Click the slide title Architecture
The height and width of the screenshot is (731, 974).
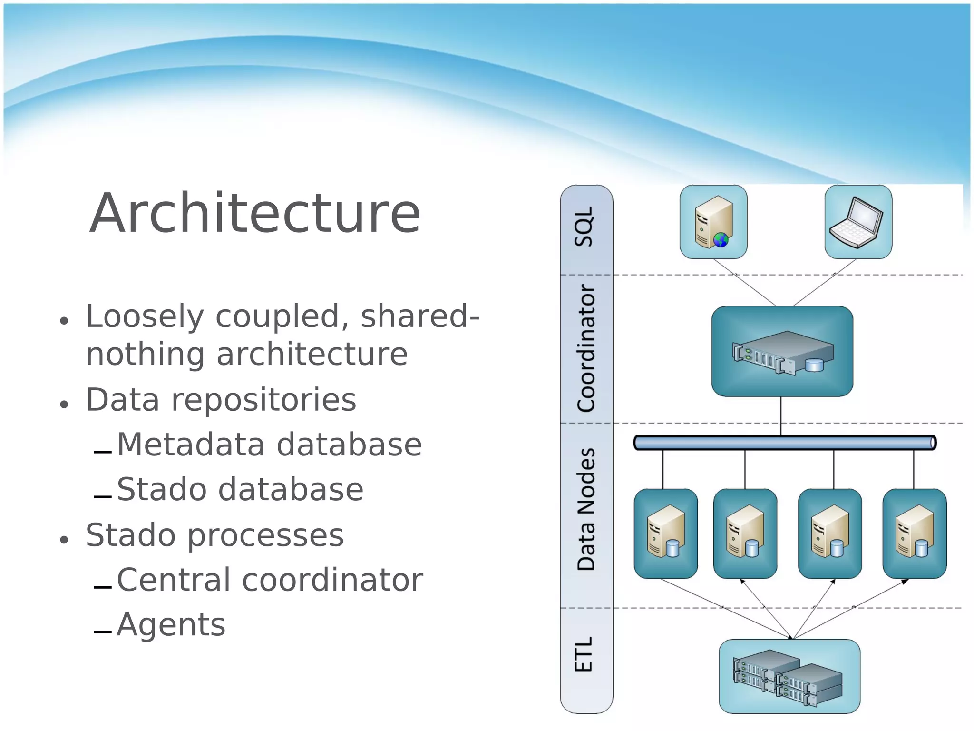(255, 213)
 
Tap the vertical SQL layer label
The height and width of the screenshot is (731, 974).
(584, 227)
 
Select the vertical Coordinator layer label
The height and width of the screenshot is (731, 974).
(586, 348)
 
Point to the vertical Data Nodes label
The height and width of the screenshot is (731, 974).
(586, 509)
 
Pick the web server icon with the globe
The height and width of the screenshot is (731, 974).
(713, 222)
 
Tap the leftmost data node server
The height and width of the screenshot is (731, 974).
(665, 533)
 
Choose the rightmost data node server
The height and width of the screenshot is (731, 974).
(914, 533)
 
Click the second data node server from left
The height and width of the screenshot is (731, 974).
(745, 533)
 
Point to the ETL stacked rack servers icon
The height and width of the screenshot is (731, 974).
(789, 676)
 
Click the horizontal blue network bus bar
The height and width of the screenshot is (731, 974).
(785, 443)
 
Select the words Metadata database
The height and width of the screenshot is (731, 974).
(269, 445)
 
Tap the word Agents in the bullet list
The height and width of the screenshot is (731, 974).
(171, 624)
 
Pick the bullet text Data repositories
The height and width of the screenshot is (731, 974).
(221, 400)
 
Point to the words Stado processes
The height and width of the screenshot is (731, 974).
(214, 535)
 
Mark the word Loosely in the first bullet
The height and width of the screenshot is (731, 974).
(145, 316)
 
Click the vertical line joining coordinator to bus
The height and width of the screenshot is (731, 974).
(780, 415)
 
